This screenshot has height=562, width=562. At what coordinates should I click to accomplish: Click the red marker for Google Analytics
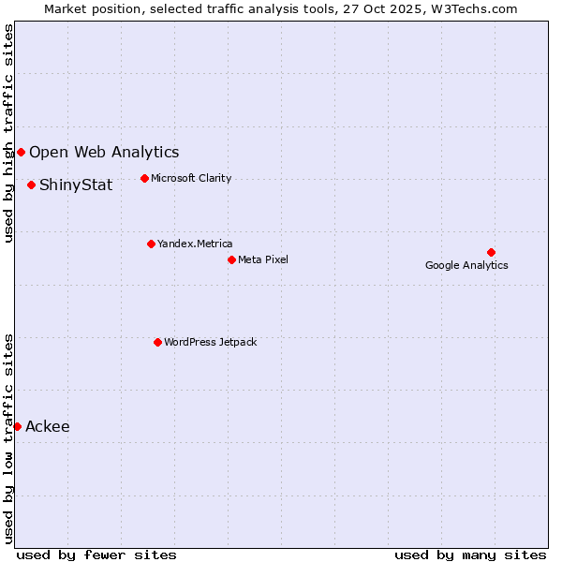[491, 252]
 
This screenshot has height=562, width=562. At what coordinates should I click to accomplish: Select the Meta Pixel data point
[231, 259]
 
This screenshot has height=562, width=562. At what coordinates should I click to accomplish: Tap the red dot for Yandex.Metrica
[151, 244]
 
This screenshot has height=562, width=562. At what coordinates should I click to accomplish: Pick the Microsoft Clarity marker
[144, 178]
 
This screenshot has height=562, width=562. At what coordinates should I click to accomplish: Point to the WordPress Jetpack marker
[157, 342]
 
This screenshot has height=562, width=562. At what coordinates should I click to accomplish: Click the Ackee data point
[17, 426]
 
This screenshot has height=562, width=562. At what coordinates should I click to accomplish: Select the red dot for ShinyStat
[31, 185]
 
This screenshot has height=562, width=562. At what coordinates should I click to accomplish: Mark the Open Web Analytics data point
[21, 152]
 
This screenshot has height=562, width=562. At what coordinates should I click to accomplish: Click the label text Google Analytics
[466, 265]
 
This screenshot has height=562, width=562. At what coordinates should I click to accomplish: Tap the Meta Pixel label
[263, 259]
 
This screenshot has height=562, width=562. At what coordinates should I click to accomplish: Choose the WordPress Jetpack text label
[210, 342]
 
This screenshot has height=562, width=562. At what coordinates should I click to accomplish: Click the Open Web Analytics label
[104, 152]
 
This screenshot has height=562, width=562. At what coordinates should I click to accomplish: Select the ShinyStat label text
[76, 185]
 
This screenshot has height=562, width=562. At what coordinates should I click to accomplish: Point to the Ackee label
[48, 427]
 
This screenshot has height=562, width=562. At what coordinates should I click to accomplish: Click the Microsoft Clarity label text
[191, 178]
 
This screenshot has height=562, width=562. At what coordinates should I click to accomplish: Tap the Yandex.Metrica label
[195, 244]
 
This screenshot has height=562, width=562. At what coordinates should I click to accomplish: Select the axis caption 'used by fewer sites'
[96, 555]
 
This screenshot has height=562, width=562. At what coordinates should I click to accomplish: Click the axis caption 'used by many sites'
[470, 555]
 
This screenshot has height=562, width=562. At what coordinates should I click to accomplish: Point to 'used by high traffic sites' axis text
[8, 133]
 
